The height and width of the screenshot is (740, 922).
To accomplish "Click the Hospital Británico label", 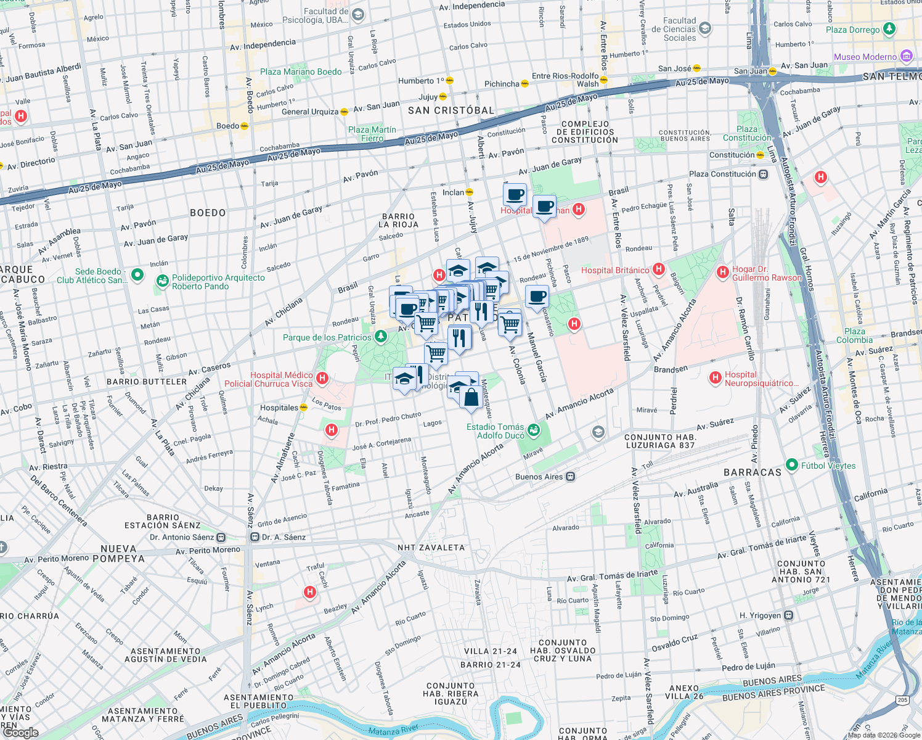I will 614,270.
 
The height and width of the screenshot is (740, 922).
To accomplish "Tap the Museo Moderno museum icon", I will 906,57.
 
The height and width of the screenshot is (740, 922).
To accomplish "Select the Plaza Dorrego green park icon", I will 889,29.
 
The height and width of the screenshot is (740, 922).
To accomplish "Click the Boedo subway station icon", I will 244,126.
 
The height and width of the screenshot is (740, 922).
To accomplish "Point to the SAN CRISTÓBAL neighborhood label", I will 451,110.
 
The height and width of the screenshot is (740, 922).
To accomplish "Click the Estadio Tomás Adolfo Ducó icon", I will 534,430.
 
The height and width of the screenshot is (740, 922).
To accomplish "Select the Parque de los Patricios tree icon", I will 381,337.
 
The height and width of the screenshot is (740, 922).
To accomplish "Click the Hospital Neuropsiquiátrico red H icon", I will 715,377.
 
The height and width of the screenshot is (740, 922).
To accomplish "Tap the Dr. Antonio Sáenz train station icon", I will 221,537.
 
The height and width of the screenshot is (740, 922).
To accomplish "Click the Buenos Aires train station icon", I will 571,477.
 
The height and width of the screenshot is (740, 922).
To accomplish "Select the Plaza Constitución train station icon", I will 763,174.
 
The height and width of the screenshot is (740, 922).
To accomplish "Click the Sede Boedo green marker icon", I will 137,275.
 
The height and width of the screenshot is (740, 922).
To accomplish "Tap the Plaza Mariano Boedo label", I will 300,72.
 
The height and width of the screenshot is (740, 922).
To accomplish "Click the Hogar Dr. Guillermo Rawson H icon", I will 722,271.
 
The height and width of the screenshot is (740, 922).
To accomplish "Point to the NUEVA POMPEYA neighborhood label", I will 122,554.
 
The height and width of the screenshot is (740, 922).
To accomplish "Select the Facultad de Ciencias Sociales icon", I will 705,28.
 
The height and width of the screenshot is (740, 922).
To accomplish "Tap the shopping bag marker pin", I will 471,398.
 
